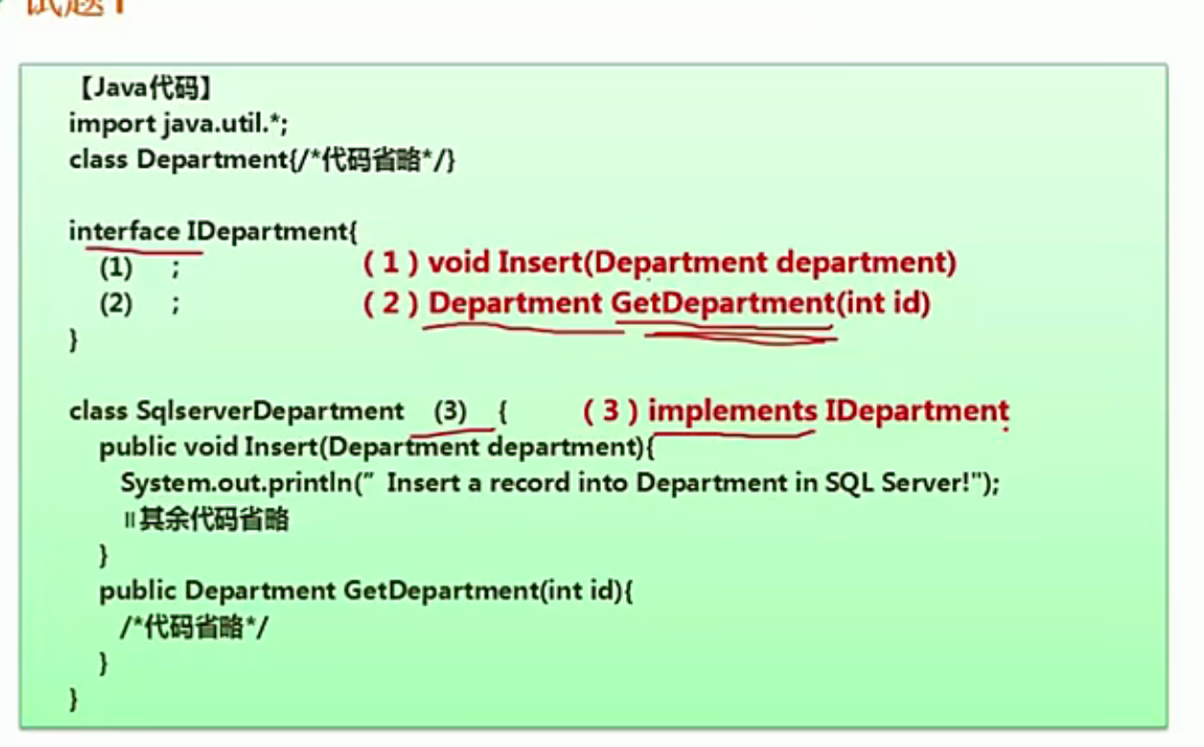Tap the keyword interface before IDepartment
tap(124, 231)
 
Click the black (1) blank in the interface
tap(116, 267)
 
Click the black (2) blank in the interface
tap(116, 305)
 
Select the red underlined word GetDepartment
tap(724, 305)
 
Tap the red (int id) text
tap(883, 305)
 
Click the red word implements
tap(732, 412)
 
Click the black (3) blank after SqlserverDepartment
tap(450, 412)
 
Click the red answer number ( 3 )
tap(611, 412)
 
